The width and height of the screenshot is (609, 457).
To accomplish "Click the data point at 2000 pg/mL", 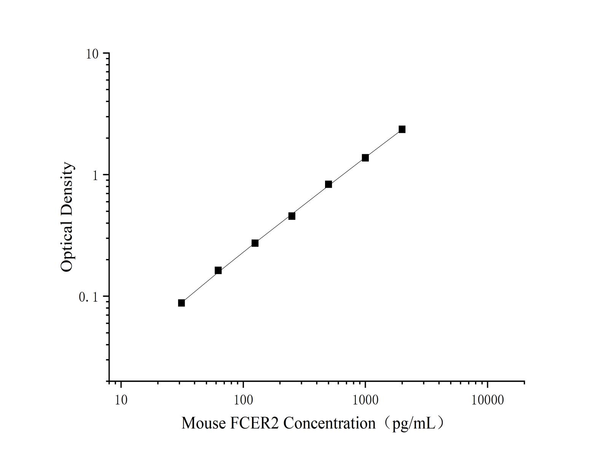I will coord(402,129).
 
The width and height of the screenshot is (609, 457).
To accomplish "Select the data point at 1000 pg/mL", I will coord(365,158).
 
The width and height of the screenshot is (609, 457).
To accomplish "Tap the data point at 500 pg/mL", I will coord(328,184).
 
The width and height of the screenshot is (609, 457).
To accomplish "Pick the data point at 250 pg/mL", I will coord(292,216).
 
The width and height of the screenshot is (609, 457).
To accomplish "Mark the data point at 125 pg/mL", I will coord(255,243).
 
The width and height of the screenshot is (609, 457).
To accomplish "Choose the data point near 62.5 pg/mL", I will coord(218,270).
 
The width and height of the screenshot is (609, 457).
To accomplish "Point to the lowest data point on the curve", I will coord(182,303).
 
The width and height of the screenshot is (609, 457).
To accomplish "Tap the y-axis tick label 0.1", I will coord(88,297).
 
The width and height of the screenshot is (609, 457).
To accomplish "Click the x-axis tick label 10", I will coord(121,400).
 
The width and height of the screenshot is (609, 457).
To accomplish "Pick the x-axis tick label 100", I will coord(243,400).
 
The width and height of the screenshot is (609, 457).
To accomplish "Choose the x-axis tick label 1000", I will coord(365,400).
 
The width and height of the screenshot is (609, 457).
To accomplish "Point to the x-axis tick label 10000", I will coord(488,400).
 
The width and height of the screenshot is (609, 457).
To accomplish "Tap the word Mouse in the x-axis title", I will coord(203,423).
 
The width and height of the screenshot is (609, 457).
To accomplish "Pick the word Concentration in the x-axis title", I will coord(329,423).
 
